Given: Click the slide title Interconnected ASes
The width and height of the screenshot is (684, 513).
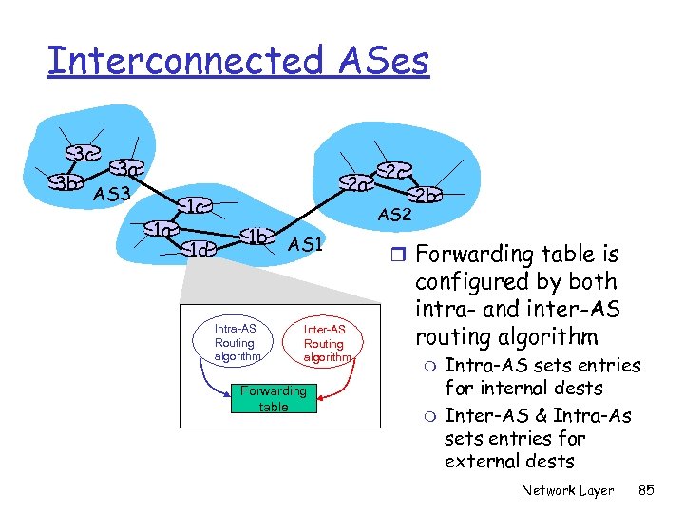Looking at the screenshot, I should (238, 61).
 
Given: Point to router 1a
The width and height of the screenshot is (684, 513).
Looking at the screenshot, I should (162, 229).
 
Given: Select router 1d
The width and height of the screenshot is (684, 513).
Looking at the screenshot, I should (200, 250).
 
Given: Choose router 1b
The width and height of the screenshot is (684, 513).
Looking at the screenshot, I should (256, 236).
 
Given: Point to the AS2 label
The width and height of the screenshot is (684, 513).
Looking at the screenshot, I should (393, 215).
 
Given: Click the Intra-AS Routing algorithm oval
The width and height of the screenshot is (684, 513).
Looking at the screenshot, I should (235, 342).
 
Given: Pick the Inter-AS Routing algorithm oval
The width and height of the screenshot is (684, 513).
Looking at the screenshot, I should (324, 342).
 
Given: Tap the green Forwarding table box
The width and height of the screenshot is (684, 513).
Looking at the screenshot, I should (274, 398).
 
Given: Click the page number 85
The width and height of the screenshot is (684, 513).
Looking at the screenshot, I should (647, 490).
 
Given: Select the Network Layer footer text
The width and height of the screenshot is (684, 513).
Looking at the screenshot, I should (567, 490).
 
